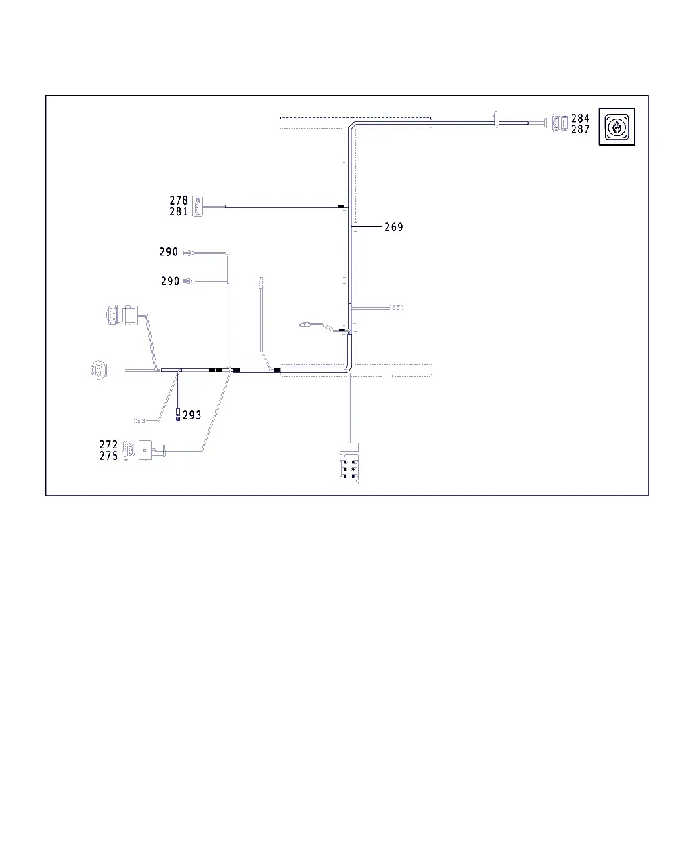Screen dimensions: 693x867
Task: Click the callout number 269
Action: (x=393, y=227)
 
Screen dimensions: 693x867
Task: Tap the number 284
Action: (x=580, y=118)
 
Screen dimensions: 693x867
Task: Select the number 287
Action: (x=580, y=129)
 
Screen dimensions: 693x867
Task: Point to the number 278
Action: (x=179, y=200)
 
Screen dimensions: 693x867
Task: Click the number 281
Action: (x=179, y=211)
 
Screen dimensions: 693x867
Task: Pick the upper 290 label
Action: (x=169, y=252)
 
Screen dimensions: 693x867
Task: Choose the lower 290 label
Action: (x=170, y=281)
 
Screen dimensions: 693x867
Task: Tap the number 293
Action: (x=192, y=415)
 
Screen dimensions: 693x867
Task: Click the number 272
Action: (x=109, y=444)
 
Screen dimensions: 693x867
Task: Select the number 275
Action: (x=109, y=456)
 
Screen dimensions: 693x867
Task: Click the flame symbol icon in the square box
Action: (x=617, y=127)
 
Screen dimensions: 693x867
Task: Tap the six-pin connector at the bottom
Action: (x=349, y=469)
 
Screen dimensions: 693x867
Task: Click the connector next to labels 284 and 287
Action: (x=556, y=123)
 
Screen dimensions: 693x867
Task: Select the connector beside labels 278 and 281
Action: (x=198, y=207)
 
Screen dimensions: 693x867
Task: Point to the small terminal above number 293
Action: (x=178, y=415)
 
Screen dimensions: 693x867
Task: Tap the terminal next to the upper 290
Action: (x=189, y=253)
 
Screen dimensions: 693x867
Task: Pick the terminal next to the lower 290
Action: (x=188, y=281)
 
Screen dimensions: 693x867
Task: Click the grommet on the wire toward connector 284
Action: (x=496, y=120)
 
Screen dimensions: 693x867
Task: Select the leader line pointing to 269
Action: (x=366, y=226)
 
